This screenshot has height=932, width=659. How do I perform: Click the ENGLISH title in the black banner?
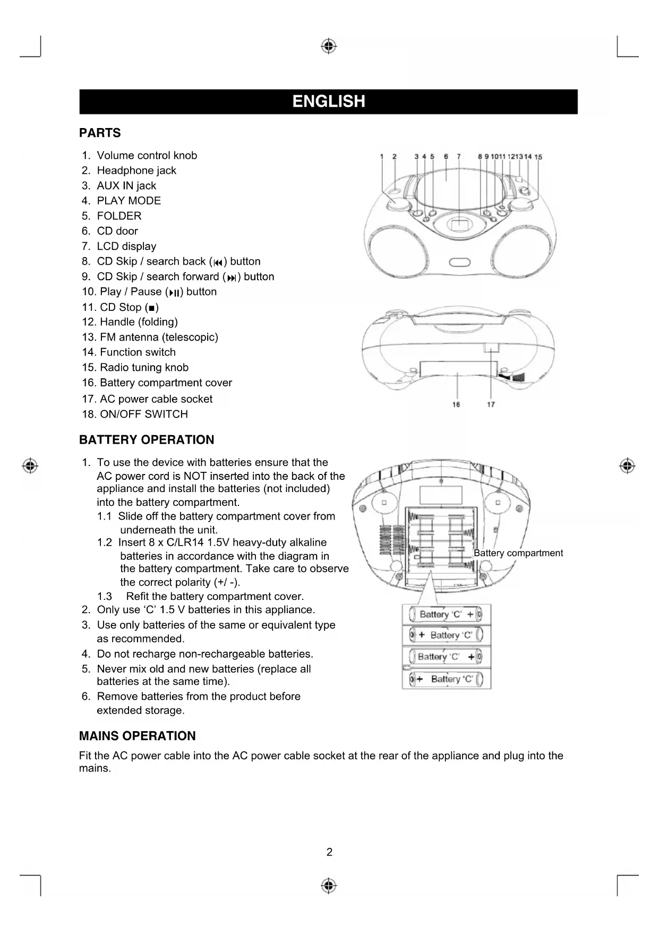(x=329, y=101)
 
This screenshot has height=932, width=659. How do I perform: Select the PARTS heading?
(x=100, y=133)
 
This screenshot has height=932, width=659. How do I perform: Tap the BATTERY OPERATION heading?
(x=147, y=440)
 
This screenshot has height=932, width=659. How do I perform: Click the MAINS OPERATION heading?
(x=137, y=736)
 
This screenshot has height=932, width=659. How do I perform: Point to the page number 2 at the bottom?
(x=329, y=852)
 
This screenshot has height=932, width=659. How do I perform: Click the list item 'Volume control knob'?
(x=147, y=156)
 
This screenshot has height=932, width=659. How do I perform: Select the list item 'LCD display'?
(x=126, y=247)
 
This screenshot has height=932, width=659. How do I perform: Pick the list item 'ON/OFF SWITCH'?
(x=143, y=414)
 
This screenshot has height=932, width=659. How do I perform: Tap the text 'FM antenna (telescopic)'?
(x=159, y=337)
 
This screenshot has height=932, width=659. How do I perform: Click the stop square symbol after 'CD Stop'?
(x=152, y=308)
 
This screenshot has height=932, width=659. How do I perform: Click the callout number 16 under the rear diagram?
(x=456, y=405)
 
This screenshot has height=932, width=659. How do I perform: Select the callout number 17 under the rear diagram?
(x=491, y=405)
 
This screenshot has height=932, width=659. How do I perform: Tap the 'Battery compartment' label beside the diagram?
(x=518, y=553)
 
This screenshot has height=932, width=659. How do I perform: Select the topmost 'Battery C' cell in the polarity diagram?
(x=446, y=615)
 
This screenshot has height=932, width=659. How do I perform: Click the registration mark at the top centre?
(x=329, y=46)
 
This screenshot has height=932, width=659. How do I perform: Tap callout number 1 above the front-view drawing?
(x=382, y=157)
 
